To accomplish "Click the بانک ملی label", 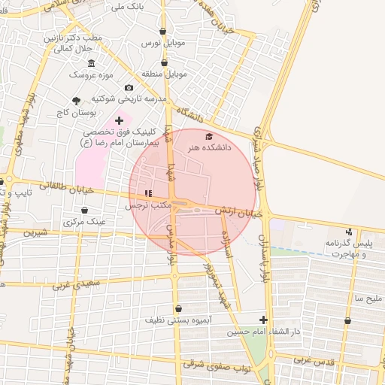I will click(127, 8).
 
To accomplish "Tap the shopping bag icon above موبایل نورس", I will click(163, 32).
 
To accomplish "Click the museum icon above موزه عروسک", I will click(91, 63).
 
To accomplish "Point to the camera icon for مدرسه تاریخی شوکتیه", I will click(129, 88).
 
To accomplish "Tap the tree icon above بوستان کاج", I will click(76, 101).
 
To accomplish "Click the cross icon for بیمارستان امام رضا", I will click(119, 120).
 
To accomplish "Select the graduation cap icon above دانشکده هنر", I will click(209, 136).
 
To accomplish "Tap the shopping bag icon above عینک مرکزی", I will click(84, 210).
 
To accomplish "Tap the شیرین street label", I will click(35, 233).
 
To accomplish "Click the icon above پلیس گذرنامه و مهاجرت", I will click(348, 232).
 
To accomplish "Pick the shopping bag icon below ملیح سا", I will click(347, 321).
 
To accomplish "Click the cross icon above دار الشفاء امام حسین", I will click(262, 320).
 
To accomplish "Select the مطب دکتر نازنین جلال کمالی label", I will click(71, 43).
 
